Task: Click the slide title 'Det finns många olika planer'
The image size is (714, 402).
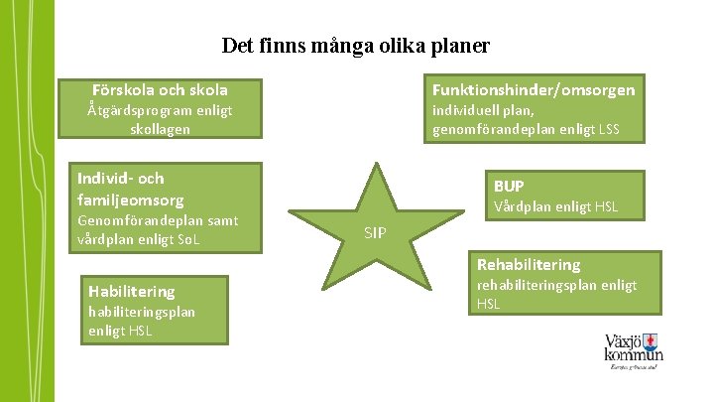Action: click(x=356, y=46)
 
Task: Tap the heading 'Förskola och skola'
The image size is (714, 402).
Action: click(x=160, y=89)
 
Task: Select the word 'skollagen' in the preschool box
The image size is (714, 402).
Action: click(x=160, y=129)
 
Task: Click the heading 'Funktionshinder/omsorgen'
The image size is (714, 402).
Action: click(x=534, y=89)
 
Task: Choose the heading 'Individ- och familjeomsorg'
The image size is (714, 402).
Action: click(x=131, y=189)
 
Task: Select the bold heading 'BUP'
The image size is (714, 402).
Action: click(x=509, y=186)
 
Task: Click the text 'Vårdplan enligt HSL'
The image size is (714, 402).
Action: click(x=555, y=206)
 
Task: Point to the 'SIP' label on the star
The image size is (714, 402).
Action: click(x=375, y=233)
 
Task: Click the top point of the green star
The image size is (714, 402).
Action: click(x=376, y=163)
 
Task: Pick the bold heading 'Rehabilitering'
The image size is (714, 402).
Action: click(x=529, y=265)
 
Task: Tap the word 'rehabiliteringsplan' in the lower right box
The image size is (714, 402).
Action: click(x=530, y=286)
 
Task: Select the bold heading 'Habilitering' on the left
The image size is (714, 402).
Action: click(x=131, y=291)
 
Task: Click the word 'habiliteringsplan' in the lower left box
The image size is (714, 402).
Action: click(x=141, y=312)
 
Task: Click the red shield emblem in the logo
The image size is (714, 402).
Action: click(x=651, y=343)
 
